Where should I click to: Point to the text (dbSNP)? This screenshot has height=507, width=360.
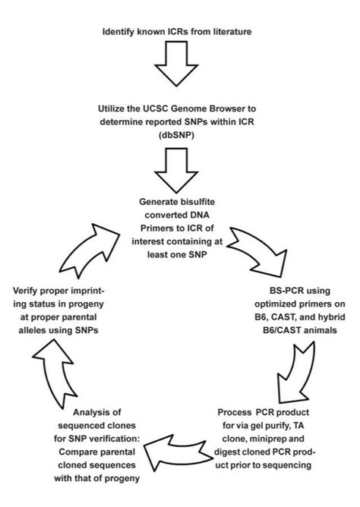point(180,134)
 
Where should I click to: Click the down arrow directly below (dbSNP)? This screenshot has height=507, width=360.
point(180,172)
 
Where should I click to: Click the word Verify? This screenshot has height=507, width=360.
point(28,288)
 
